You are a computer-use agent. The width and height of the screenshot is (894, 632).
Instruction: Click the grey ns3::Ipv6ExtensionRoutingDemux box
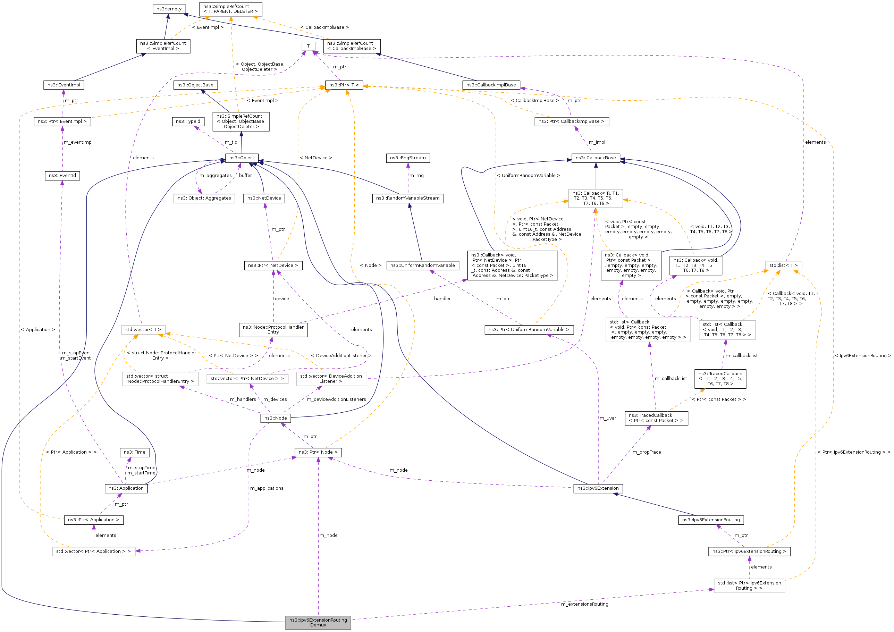point(318,622)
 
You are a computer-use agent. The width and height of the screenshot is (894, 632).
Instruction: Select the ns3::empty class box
point(169,9)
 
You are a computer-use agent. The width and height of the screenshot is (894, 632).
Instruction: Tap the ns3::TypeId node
point(188,121)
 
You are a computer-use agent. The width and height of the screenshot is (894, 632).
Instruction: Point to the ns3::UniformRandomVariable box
point(422,266)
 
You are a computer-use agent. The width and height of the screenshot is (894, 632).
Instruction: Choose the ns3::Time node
point(134,453)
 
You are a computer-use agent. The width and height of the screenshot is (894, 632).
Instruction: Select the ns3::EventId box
point(62,176)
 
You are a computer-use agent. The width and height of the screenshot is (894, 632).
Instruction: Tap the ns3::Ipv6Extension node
point(598,488)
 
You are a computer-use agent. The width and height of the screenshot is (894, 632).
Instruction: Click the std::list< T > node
point(783,266)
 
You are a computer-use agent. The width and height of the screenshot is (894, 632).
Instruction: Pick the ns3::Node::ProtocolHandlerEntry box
point(273,330)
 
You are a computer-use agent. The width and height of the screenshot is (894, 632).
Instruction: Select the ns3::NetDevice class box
point(264,198)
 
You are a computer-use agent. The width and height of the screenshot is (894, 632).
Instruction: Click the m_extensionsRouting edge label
point(584,604)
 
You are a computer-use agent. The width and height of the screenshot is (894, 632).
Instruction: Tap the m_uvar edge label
point(608,418)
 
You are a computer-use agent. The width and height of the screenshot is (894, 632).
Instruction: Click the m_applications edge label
point(267,488)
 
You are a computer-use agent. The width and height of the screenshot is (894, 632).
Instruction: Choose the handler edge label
point(442,299)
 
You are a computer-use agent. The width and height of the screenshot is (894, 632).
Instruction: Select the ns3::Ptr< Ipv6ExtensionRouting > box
point(749,551)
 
